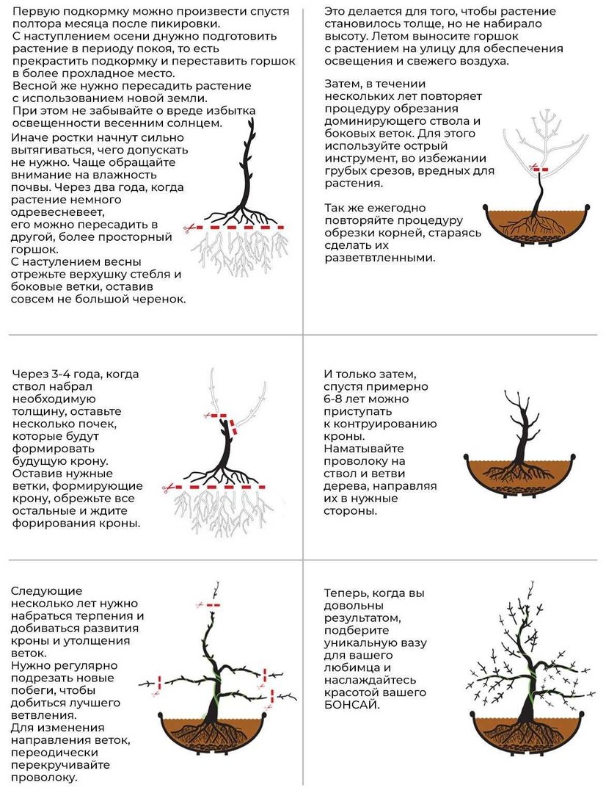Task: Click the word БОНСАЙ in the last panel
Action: point(351,705)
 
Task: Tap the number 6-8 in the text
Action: point(335,399)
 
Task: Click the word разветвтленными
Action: point(379,258)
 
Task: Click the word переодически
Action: point(54,753)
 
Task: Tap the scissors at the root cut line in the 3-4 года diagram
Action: point(167,488)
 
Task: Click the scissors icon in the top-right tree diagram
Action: point(532,166)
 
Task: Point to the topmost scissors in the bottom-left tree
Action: point(200,604)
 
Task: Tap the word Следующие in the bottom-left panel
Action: point(46,591)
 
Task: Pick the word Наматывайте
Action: point(364,449)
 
